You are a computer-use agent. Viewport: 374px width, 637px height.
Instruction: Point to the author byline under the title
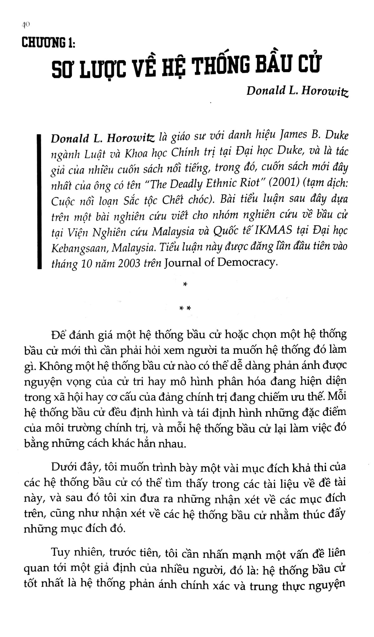point(297,91)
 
